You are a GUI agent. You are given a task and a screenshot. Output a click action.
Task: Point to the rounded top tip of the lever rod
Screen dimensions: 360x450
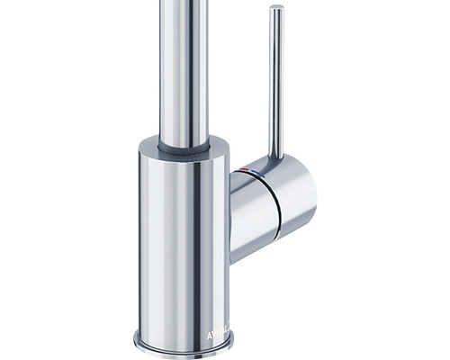coord(277,11)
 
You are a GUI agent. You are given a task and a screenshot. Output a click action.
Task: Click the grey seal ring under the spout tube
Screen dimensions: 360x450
coord(184,143)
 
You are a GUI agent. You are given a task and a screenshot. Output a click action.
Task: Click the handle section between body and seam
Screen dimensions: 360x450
coord(247,202)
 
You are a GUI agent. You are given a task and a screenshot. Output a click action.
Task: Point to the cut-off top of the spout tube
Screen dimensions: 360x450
coord(184,3)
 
